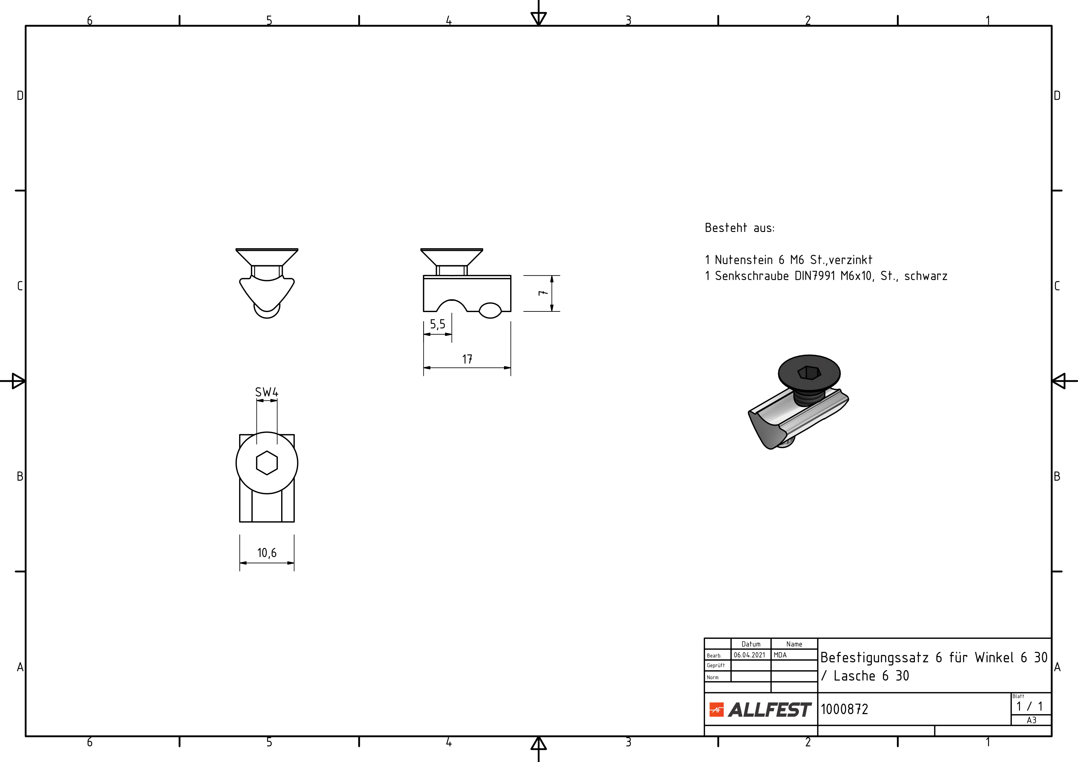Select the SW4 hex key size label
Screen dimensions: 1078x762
coord(267,392)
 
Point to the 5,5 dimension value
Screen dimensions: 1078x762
coord(438,324)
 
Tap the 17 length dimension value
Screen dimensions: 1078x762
coord(467,359)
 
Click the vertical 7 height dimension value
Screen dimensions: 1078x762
coord(543,293)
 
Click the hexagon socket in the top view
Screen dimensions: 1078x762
coord(267,463)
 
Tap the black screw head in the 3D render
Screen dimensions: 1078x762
coord(809,373)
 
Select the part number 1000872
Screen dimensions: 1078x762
coord(844,709)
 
